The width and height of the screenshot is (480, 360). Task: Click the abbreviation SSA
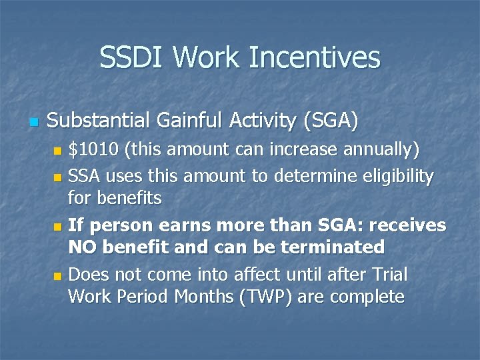coord(86,177)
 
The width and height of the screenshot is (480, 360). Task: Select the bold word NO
coord(83,247)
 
